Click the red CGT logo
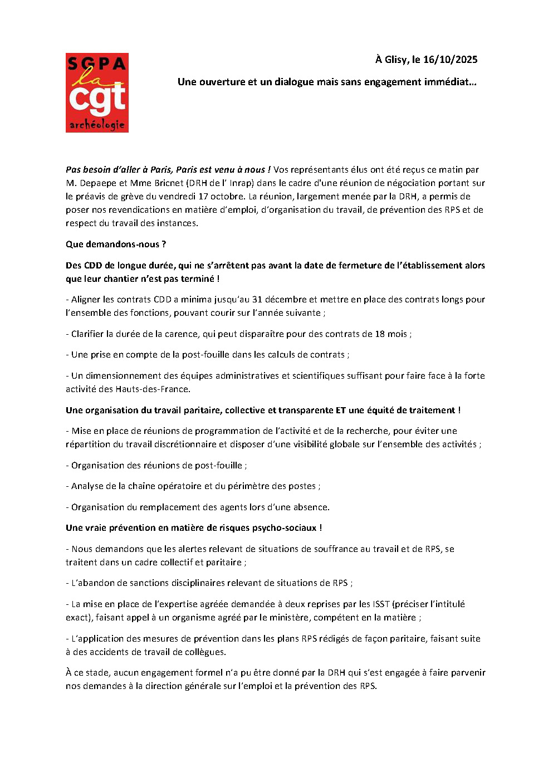point(97,93)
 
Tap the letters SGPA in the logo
point(97,63)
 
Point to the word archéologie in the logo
point(97,125)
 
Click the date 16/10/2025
point(450,60)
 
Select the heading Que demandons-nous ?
point(116,244)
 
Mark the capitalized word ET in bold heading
point(340,410)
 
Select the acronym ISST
point(381,604)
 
